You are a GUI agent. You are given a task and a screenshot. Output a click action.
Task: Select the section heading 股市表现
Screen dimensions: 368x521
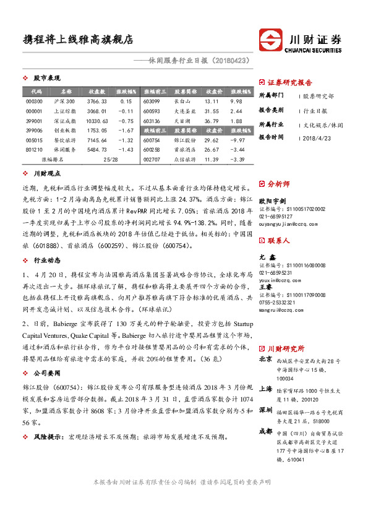tap(46, 79)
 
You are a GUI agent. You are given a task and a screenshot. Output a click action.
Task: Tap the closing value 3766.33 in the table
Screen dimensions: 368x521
tap(97, 101)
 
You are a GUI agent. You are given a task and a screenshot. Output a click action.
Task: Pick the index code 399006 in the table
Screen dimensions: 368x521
tap(35, 131)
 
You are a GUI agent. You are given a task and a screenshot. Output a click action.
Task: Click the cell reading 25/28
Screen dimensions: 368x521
tap(111, 159)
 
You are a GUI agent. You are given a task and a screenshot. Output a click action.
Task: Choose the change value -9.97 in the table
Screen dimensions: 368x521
tap(236, 140)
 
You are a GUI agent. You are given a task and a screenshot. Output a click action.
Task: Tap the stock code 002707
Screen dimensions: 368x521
tap(152, 159)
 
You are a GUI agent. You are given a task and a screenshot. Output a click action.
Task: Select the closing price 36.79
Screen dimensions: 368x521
tap(212, 121)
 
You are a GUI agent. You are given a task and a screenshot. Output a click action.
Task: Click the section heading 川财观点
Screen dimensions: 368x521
tap(46, 175)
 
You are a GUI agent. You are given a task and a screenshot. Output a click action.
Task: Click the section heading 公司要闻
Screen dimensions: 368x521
tap(46, 374)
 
